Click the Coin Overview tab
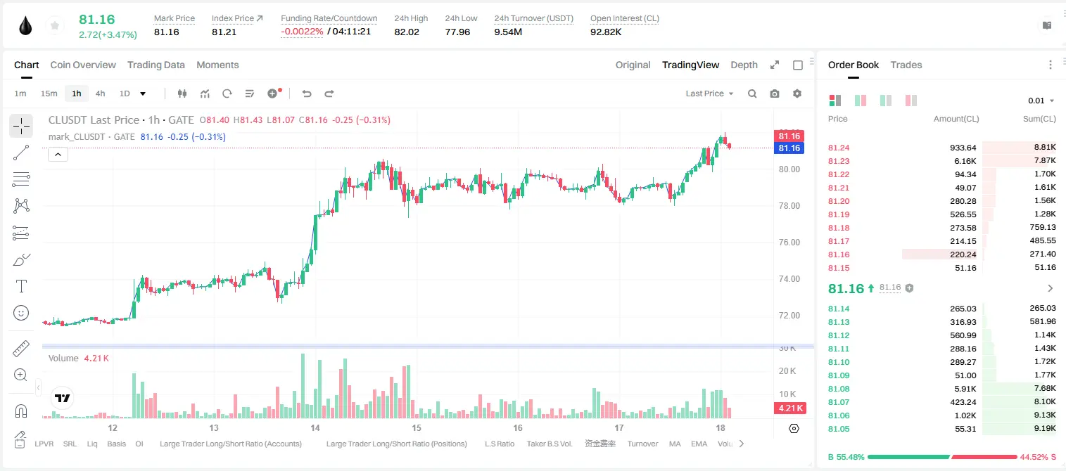pos(83,65)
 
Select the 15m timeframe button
pos(49,93)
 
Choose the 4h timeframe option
pos(100,93)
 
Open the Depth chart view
pos(744,65)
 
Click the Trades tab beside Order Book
pos(906,65)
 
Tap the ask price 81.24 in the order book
pos(839,148)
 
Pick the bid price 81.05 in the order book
pos(839,429)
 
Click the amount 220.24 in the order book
pos(963,254)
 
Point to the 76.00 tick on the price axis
pos(789,243)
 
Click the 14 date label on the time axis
pos(315,427)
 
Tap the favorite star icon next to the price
pos(55,25)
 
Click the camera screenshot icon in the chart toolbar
pos(775,93)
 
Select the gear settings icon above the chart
pos(797,93)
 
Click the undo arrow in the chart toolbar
pos(307,93)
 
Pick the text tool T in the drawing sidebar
pos(21,286)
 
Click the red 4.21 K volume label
pos(789,408)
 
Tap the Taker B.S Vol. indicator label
pos(549,444)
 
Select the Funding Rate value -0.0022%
pos(302,32)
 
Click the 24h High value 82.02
pos(407,32)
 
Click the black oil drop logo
pos(26,26)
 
